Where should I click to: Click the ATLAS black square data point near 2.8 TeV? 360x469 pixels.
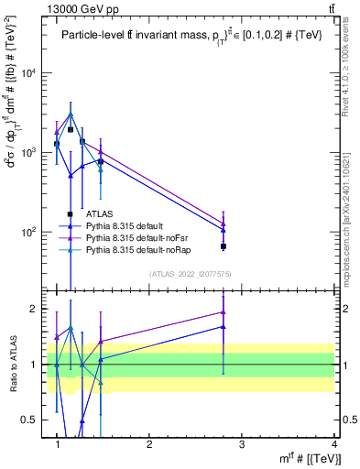pyautogui.click(x=224, y=246)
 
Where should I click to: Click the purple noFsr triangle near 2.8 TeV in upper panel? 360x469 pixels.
pyautogui.click(x=224, y=224)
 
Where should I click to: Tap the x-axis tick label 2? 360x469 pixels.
pyautogui.click(x=149, y=443)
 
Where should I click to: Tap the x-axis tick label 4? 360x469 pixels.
pyautogui.click(x=333, y=443)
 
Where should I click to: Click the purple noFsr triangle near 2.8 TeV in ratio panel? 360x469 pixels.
pyautogui.click(x=224, y=312)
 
